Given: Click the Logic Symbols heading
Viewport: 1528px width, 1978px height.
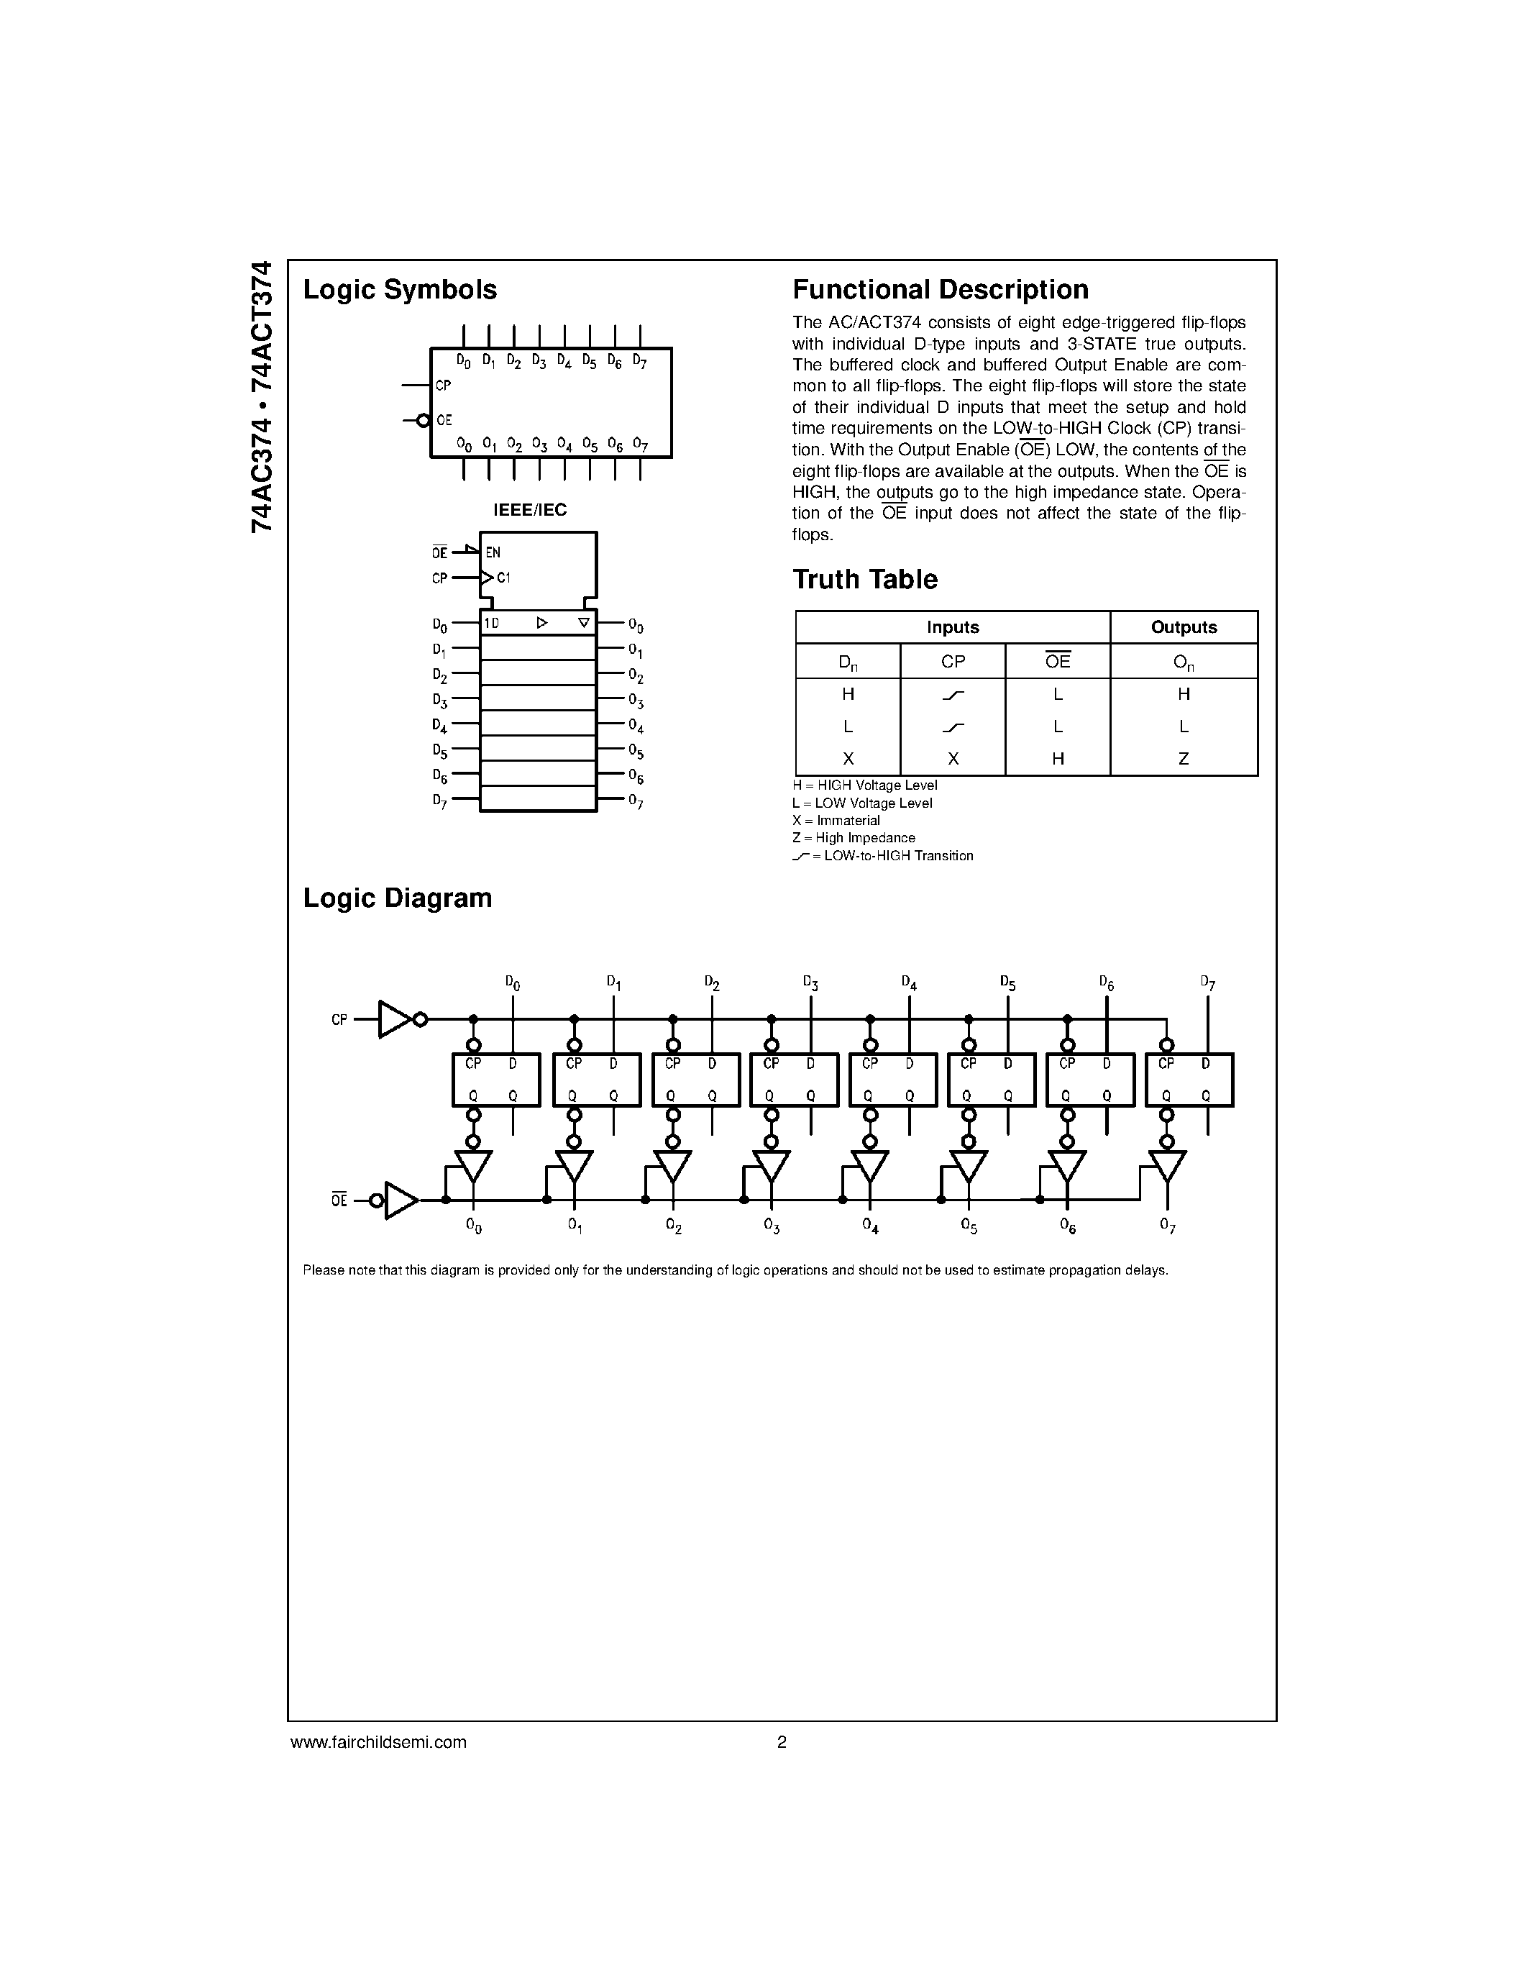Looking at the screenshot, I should (x=399, y=290).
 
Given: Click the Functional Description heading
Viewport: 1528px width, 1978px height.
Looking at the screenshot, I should (x=940, y=290).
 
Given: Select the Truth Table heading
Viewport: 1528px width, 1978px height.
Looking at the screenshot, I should (x=864, y=580).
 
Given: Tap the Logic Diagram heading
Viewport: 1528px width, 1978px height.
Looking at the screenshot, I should (x=398, y=898).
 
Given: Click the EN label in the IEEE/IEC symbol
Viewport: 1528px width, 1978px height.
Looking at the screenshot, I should (x=493, y=552).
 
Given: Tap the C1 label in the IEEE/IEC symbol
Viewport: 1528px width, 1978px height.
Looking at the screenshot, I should (x=503, y=578).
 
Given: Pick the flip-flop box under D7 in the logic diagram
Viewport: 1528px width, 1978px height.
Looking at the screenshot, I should (x=1189, y=1080).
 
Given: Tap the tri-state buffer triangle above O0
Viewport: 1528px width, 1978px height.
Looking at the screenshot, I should (x=473, y=1165).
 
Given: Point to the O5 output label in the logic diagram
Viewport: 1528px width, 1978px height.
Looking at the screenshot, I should (x=969, y=1226).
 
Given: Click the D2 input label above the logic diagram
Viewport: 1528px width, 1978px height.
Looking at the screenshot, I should (x=711, y=983).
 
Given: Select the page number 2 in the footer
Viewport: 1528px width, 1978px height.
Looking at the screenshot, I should (x=781, y=1741).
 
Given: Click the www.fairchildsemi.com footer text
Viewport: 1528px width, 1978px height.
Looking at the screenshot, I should (x=378, y=1741).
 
